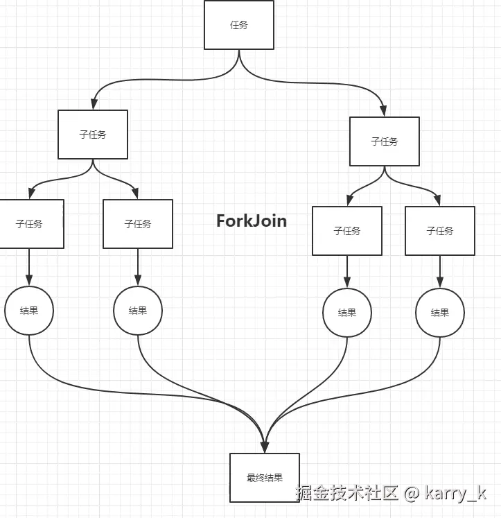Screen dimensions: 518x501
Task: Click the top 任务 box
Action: (239, 25)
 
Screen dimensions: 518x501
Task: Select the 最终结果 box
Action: (265, 478)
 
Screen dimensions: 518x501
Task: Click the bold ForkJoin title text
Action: (252, 221)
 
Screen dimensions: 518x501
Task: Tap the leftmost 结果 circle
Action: (29, 311)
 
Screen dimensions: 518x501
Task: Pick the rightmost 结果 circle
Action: (440, 313)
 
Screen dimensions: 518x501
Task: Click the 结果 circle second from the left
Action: (138, 311)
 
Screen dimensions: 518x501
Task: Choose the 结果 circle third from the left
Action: (347, 313)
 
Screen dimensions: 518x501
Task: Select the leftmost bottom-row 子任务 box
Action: (30, 224)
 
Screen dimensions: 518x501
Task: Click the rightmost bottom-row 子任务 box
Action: (440, 231)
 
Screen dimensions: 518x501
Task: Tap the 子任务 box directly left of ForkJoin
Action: (138, 224)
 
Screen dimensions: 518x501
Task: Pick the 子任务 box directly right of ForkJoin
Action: (347, 231)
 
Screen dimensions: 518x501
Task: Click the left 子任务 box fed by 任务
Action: (93, 135)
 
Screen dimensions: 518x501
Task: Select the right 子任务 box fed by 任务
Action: (385, 141)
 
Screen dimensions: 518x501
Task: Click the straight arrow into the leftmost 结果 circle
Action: (29, 267)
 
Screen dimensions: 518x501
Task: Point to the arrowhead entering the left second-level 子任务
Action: (93, 105)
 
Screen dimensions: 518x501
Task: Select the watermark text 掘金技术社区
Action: (346, 494)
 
